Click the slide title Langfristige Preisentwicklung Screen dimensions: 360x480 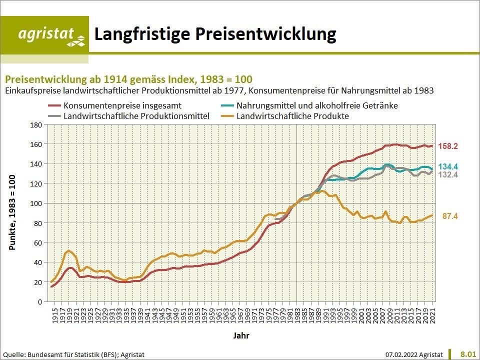[215, 34]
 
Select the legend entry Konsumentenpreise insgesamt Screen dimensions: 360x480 [122, 105]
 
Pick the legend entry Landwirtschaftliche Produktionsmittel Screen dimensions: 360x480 [136, 115]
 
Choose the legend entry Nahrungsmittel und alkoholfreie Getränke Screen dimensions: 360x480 [317, 105]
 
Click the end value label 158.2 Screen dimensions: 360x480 [448, 146]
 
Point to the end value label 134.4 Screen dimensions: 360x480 [448, 166]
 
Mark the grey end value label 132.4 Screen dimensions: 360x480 [448, 174]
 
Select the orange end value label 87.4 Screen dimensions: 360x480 [450, 216]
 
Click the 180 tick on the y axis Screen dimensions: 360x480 [36, 124]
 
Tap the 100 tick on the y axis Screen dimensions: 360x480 [36, 203]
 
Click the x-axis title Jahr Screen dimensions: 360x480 [241, 335]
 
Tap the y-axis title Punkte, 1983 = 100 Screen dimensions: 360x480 [12, 212]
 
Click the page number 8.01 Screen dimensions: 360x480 [468, 354]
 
